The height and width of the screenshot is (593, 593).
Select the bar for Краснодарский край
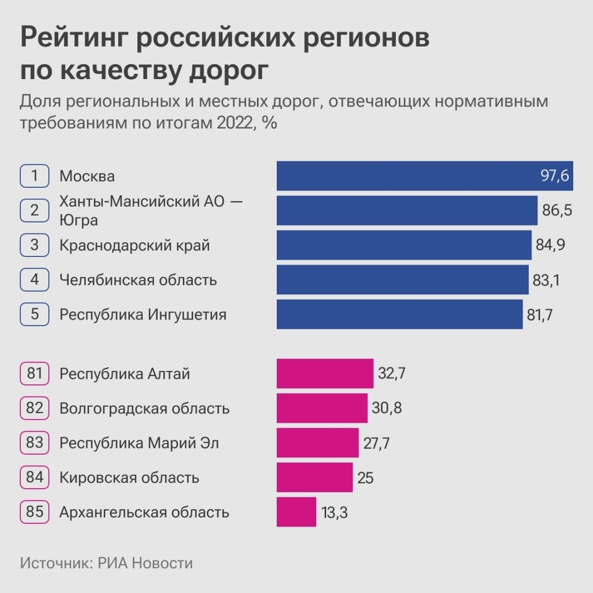tap(404, 245)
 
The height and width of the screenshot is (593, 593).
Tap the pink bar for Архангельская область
tap(296, 512)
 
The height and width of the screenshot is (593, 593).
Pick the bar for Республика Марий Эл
tap(317, 443)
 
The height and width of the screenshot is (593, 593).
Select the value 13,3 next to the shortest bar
tap(334, 513)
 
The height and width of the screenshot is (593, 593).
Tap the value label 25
tap(365, 478)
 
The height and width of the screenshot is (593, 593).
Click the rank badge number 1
tap(35, 176)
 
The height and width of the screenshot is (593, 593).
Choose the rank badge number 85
tap(35, 512)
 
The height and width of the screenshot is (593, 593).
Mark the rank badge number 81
tap(35, 374)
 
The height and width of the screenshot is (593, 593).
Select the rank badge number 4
tap(35, 279)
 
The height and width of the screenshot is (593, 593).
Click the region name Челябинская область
tap(138, 280)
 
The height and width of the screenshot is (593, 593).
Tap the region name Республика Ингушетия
tap(143, 315)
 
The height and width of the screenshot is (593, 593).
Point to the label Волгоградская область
tap(144, 409)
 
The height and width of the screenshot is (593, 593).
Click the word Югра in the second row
tap(79, 220)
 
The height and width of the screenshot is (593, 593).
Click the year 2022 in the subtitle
tap(234, 123)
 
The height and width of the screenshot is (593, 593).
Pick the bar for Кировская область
tap(314, 478)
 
